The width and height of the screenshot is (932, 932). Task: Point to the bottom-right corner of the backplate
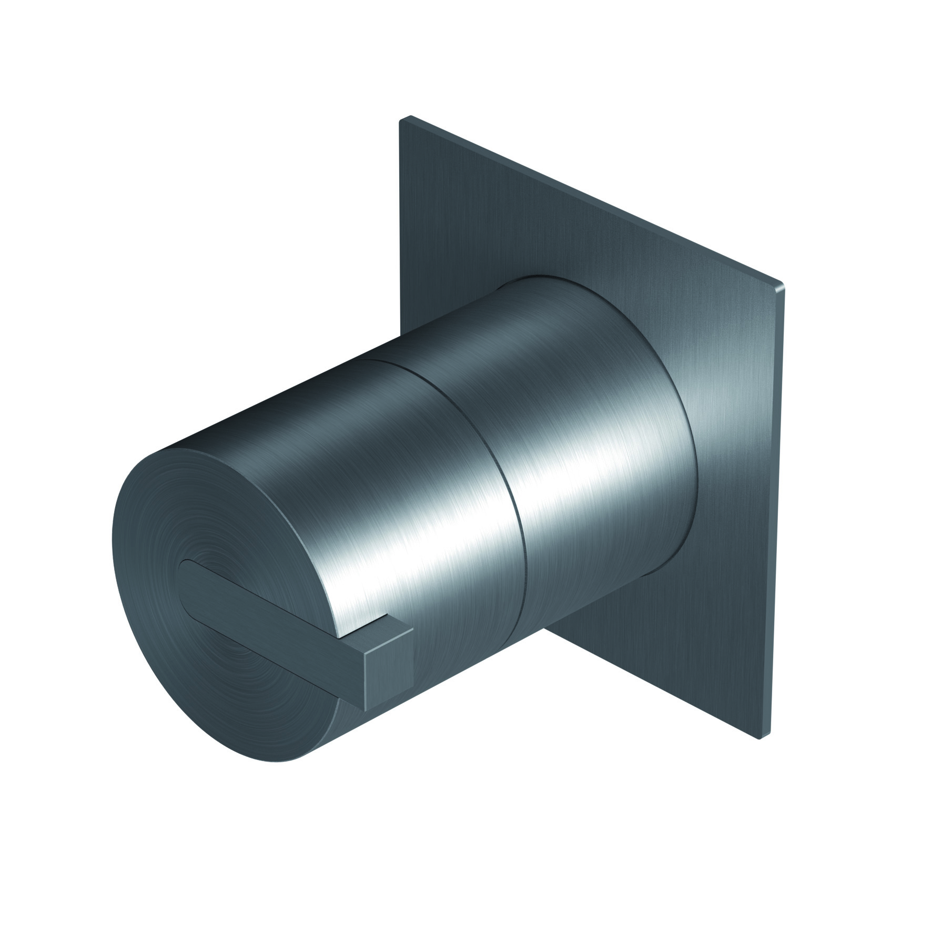coord(759,738)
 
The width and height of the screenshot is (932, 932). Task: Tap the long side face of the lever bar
coord(273,626)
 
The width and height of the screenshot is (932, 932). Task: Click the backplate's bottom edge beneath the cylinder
coord(652,684)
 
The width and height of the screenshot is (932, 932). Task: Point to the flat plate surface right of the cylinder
coord(731,473)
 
